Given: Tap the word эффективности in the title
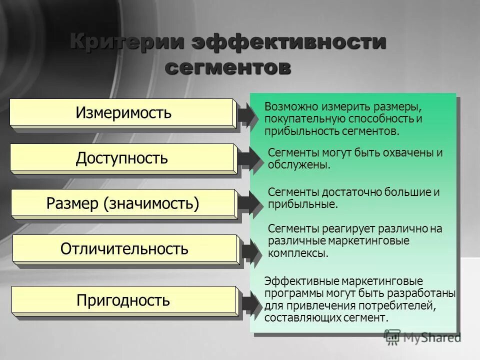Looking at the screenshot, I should pyautogui.click(x=289, y=41).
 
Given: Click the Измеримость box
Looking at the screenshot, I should pyautogui.click(x=123, y=113).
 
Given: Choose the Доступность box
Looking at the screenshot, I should pyautogui.click(x=122, y=158).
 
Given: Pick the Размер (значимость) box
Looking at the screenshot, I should pyautogui.click(x=123, y=203).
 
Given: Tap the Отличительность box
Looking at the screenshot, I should pyautogui.click(x=124, y=249).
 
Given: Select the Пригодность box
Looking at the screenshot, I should pyautogui.click(x=123, y=300).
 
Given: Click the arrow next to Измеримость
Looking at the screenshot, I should pyautogui.click(x=248, y=115).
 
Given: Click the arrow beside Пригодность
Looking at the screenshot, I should pyautogui.click(x=249, y=302).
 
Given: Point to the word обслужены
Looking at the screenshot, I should pyautogui.click(x=298, y=165).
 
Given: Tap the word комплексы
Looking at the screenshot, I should pyautogui.click(x=297, y=253).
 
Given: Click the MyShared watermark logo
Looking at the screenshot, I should pyautogui.click(x=423, y=337).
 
